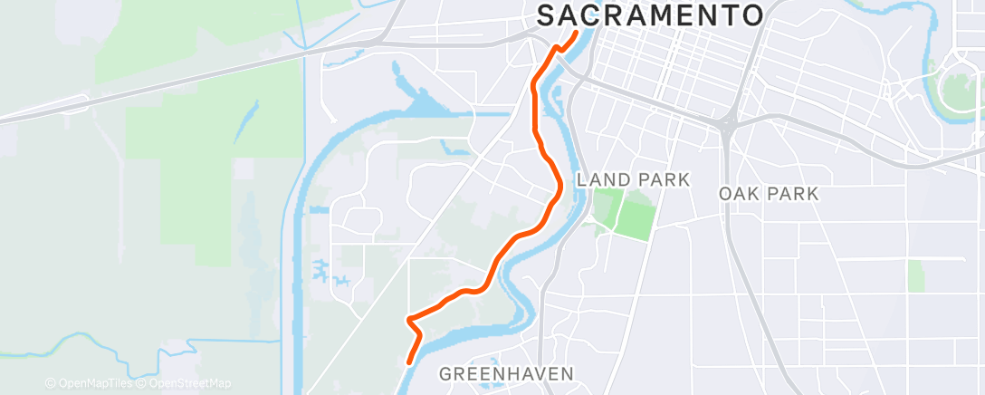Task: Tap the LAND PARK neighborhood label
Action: pos(633,179)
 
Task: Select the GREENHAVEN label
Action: pos(506,373)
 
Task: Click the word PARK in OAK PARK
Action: pos(794,194)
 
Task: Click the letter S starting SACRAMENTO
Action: pos(547,15)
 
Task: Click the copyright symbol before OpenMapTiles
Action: pos(51,383)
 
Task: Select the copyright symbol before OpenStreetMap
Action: pos(139,383)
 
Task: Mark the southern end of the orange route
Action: pos(410,361)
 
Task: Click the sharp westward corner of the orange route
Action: pos(409,319)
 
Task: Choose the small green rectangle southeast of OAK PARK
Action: pos(915,275)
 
